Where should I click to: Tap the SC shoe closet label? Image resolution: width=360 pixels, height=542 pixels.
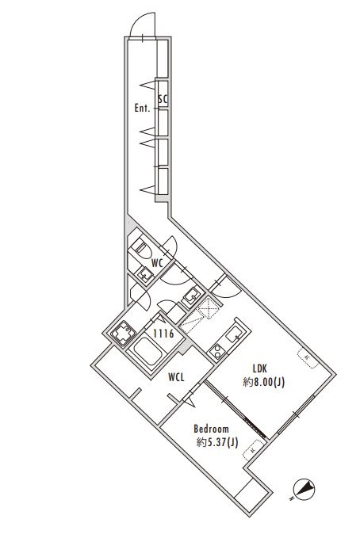click(163, 99)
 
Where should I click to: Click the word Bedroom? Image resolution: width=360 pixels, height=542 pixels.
click(212, 429)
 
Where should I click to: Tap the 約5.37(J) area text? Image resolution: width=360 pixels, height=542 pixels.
click(216, 443)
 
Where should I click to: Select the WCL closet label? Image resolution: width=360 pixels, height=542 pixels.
click(177, 378)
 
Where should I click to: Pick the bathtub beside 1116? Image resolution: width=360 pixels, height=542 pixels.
click(147, 351)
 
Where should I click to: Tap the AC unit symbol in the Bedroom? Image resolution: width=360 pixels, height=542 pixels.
click(253, 451)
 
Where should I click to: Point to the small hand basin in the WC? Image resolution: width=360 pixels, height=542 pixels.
click(146, 274)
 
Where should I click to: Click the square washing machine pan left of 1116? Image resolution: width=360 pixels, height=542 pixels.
click(122, 336)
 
